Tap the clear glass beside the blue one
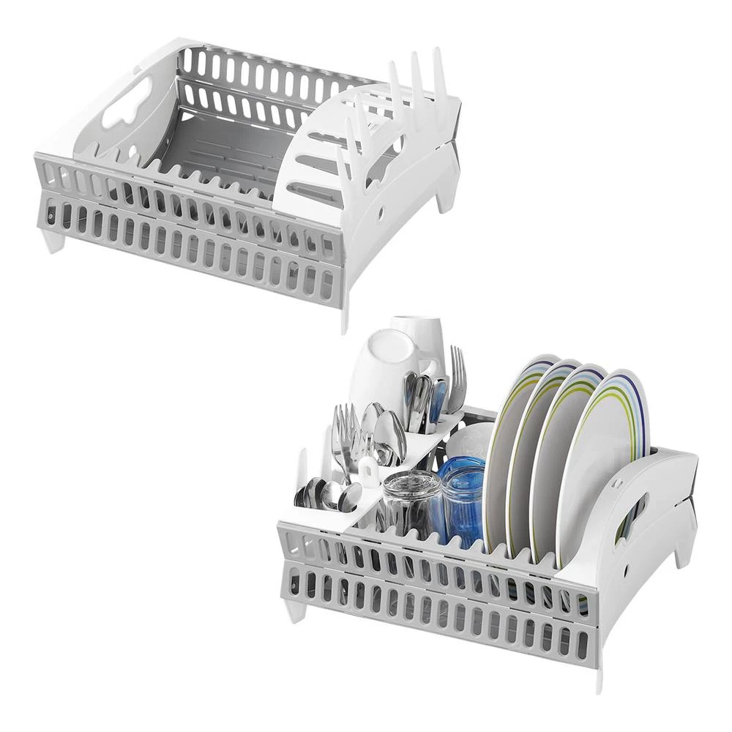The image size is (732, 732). tap(410, 505)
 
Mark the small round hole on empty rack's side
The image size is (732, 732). tap(382, 211)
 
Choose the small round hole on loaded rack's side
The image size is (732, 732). tap(628, 569)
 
